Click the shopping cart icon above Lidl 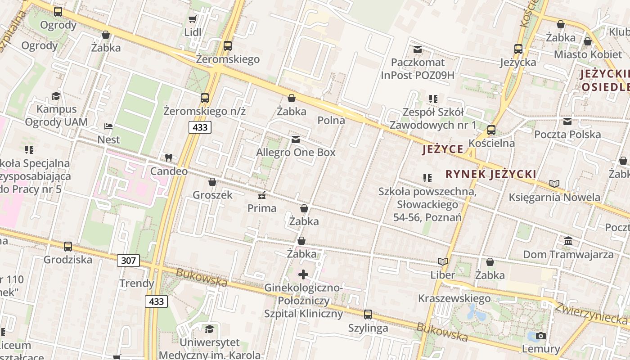tap(192, 19)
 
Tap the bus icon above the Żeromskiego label tap(228, 45)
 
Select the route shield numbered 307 tap(128, 260)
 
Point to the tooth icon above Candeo tap(169, 157)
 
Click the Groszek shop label tap(212, 195)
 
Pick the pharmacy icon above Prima tap(261, 195)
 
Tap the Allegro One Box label tap(296, 153)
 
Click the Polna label tap(331, 120)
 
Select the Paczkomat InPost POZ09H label tap(418, 68)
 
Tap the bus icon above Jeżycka tap(518, 49)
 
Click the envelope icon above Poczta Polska tap(567, 121)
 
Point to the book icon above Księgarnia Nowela tap(554, 184)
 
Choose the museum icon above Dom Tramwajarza tap(568, 241)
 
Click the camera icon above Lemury tap(541, 336)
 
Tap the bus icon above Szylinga tap(368, 315)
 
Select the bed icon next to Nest tap(108, 126)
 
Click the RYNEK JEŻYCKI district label tap(490, 174)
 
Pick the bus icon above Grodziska tap(68, 246)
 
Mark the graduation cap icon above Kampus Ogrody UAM tap(56, 95)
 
